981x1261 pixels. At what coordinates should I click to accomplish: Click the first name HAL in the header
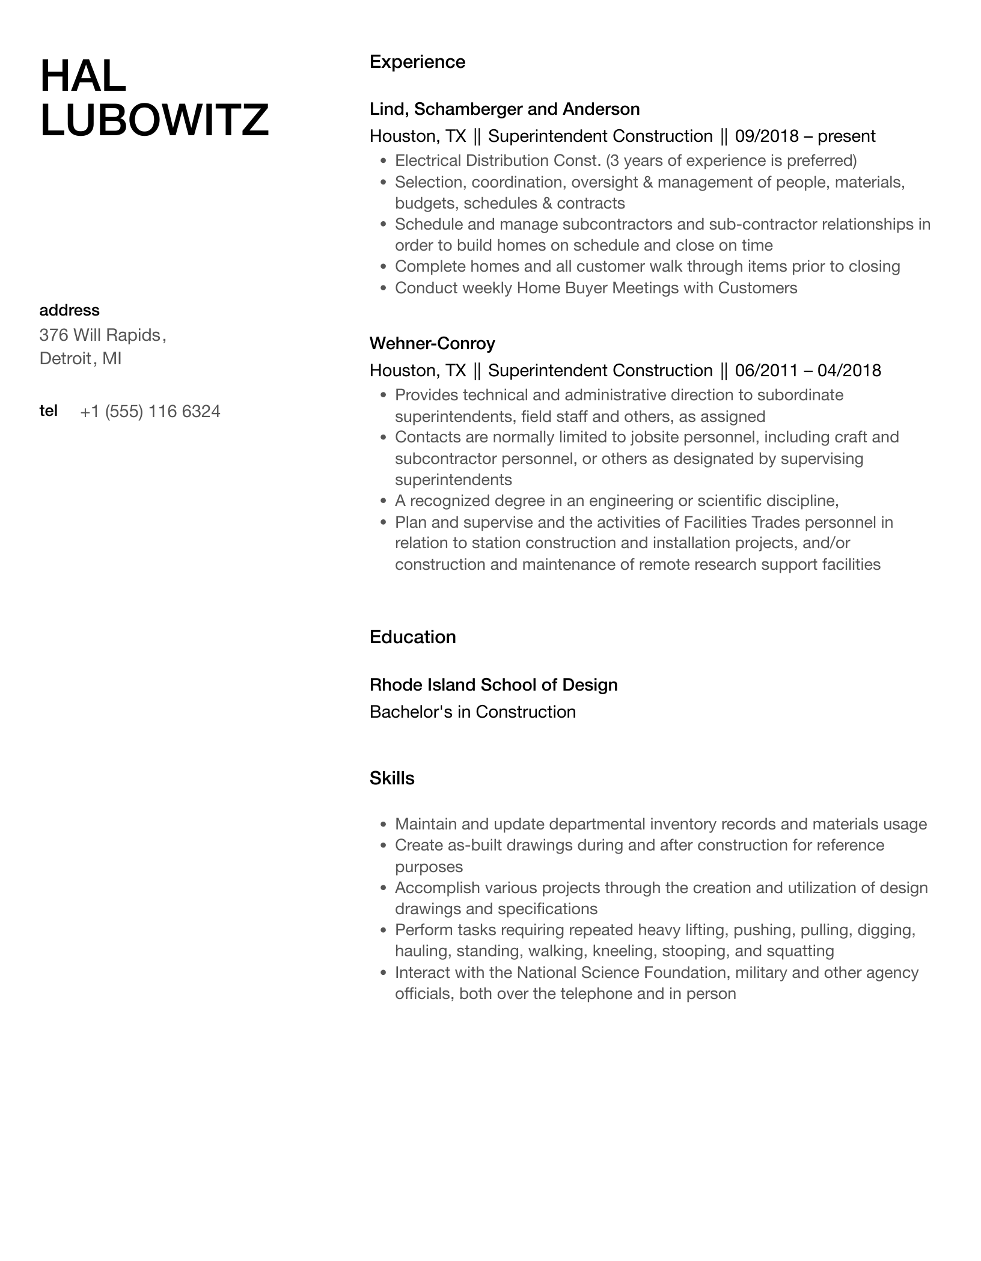pyautogui.click(x=83, y=77)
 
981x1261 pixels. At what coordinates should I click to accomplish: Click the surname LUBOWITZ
pyautogui.click(x=154, y=120)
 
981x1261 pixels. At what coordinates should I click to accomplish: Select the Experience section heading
pyautogui.click(x=417, y=62)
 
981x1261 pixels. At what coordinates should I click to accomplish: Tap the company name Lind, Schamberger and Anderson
pyautogui.click(x=504, y=109)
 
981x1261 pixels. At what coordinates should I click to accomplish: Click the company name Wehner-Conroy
pyautogui.click(x=432, y=344)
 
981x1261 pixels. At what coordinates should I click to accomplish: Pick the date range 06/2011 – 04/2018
pyautogui.click(x=808, y=371)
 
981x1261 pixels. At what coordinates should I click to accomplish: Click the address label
pyautogui.click(x=69, y=311)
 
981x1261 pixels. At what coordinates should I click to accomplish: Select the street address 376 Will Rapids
pyautogui.click(x=100, y=335)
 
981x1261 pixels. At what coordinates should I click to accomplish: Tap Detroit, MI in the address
pyautogui.click(x=81, y=359)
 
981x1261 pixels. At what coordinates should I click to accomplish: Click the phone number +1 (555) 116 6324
pyautogui.click(x=150, y=412)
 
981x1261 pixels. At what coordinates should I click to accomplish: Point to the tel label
pyautogui.click(x=48, y=411)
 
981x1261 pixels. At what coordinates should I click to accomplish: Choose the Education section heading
pyautogui.click(x=412, y=637)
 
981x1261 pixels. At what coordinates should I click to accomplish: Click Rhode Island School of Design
pyautogui.click(x=494, y=685)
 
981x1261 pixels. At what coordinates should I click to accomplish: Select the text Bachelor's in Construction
pyautogui.click(x=472, y=712)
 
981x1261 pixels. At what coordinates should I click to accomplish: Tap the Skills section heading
pyautogui.click(x=392, y=779)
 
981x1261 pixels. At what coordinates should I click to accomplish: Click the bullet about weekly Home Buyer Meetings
pyautogui.click(x=596, y=289)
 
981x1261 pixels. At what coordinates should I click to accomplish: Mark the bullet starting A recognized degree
pyautogui.click(x=616, y=501)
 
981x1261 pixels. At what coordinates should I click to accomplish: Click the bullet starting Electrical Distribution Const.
pyautogui.click(x=625, y=161)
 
